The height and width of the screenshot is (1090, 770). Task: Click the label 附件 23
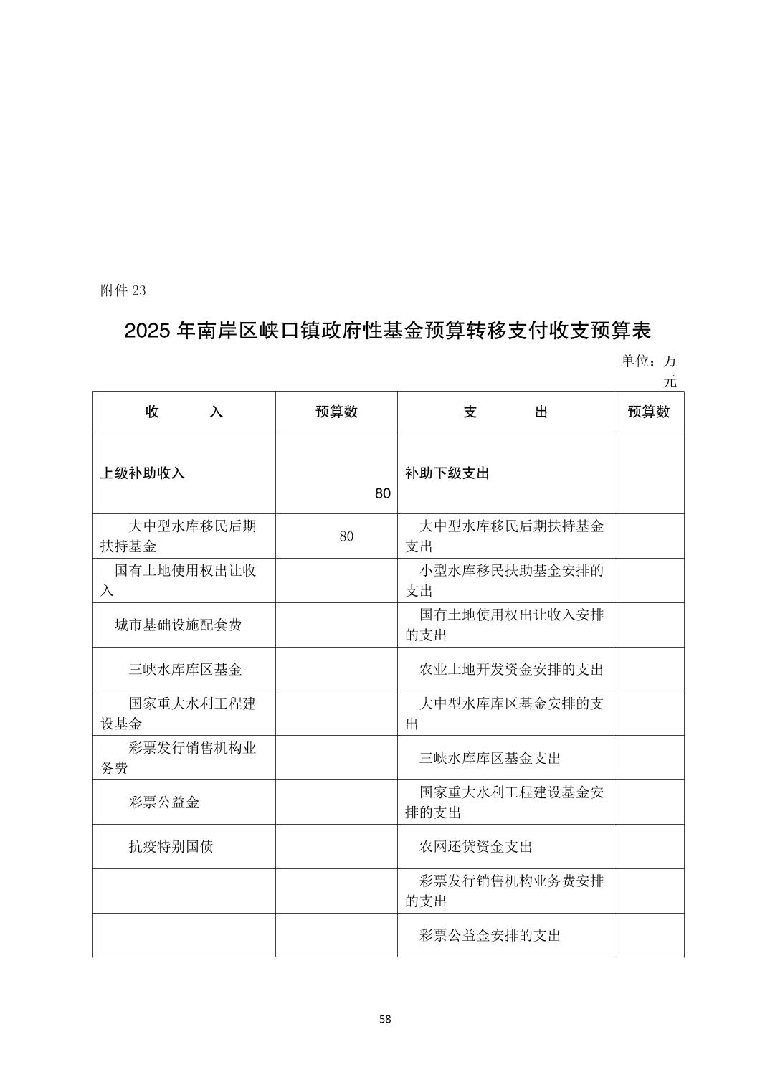tap(123, 290)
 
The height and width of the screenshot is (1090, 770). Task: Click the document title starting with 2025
tap(387, 331)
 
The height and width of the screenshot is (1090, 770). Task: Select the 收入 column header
tap(184, 412)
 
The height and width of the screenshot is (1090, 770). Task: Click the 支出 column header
tap(505, 412)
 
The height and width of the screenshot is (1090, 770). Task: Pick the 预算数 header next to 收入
tap(336, 412)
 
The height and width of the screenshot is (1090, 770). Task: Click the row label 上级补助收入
tap(142, 473)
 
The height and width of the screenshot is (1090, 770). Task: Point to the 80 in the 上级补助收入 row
tap(383, 493)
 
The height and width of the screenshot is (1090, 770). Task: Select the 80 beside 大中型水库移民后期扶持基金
tap(346, 536)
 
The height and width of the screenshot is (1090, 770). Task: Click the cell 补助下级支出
tap(447, 473)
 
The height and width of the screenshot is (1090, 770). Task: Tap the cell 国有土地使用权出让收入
tap(184, 580)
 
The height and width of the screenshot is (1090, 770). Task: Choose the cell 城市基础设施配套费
tap(178, 625)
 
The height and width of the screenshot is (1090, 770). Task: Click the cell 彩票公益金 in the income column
tap(163, 802)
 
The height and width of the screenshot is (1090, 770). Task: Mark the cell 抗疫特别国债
tap(171, 847)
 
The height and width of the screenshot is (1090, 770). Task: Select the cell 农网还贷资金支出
tap(475, 847)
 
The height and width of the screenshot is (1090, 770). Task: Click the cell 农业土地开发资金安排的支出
tap(511, 669)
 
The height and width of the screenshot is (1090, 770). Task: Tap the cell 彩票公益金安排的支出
tap(490, 935)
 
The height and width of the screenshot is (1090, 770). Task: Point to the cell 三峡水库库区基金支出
tap(490, 758)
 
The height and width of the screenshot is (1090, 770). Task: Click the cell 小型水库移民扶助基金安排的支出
tap(505, 580)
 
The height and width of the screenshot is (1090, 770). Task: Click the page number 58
tap(385, 1019)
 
